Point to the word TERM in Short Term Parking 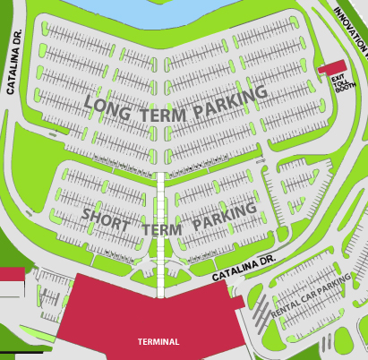pos(161,228)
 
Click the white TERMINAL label pos(158,342)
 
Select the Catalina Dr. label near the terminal pos(243,270)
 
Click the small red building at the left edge pos(11,274)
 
